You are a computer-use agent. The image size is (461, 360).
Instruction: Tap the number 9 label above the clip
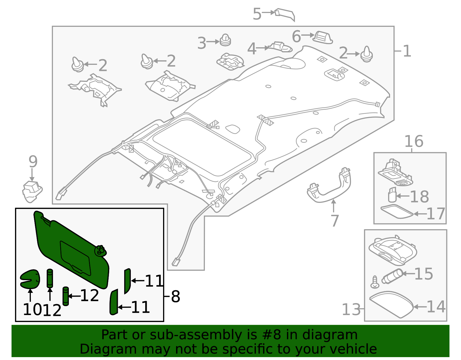pyautogui.click(x=33, y=162)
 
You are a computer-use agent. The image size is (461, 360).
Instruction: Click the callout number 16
pyautogui.click(x=413, y=142)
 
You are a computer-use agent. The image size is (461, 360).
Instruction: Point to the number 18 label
pyautogui.click(x=419, y=197)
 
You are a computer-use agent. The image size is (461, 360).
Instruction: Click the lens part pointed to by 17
pyautogui.click(x=397, y=212)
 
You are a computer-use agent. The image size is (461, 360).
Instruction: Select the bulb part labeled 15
pyautogui.click(x=392, y=276)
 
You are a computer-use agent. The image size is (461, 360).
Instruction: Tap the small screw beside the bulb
pyautogui.click(x=375, y=282)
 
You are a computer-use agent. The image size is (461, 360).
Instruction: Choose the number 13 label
pyautogui.click(x=351, y=310)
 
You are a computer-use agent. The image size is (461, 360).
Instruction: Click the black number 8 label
pyautogui.click(x=175, y=296)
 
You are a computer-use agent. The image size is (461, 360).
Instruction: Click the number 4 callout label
pyautogui.click(x=252, y=49)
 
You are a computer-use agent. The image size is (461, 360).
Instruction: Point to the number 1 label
pyautogui.click(x=407, y=51)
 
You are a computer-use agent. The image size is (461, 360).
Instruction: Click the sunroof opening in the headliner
pyautogui.click(x=202, y=147)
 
